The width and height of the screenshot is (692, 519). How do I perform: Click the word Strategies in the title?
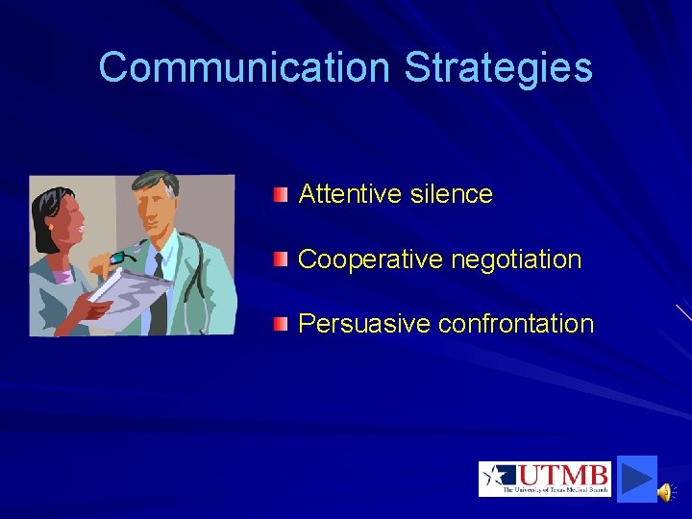coord(498,68)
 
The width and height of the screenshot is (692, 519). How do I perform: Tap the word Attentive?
coord(350,194)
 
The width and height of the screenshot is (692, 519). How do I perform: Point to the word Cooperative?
coord(369,259)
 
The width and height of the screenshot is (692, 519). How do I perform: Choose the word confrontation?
coord(516,324)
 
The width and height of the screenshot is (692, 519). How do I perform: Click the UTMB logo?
coord(544,479)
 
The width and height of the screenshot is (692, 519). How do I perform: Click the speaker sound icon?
coord(665,492)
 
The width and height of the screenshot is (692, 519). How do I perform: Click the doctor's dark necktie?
coord(158,288)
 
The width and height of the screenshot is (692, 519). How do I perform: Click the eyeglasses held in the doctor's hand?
coord(122,256)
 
